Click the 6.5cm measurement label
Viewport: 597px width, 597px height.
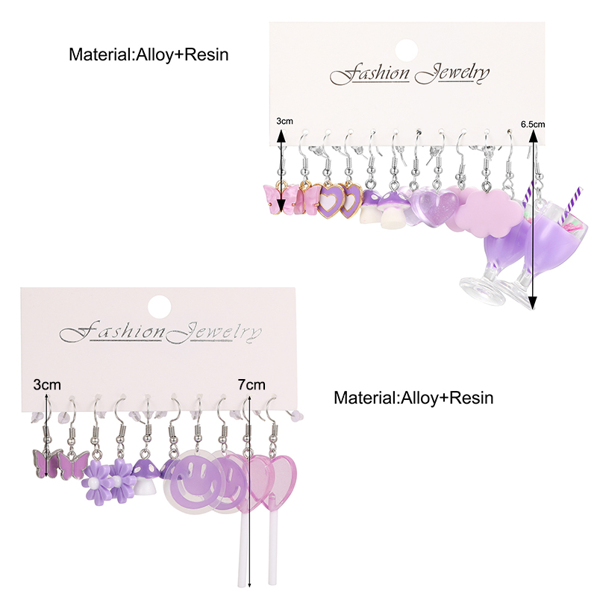tap(533, 124)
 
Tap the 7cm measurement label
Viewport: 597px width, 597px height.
tap(251, 384)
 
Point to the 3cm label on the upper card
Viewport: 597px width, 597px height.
tap(284, 121)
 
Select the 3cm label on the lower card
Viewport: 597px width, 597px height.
tap(47, 384)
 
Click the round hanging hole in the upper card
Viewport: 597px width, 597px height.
tap(407, 50)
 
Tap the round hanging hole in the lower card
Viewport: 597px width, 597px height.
tap(159, 306)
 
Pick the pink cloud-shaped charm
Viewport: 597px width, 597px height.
tap(491, 209)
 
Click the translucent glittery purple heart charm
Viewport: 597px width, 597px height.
tap(435, 208)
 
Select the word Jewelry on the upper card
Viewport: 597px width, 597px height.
tap(452, 74)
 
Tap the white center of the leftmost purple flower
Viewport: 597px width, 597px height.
tap(93, 484)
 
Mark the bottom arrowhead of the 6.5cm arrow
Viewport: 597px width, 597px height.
tap(533, 304)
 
